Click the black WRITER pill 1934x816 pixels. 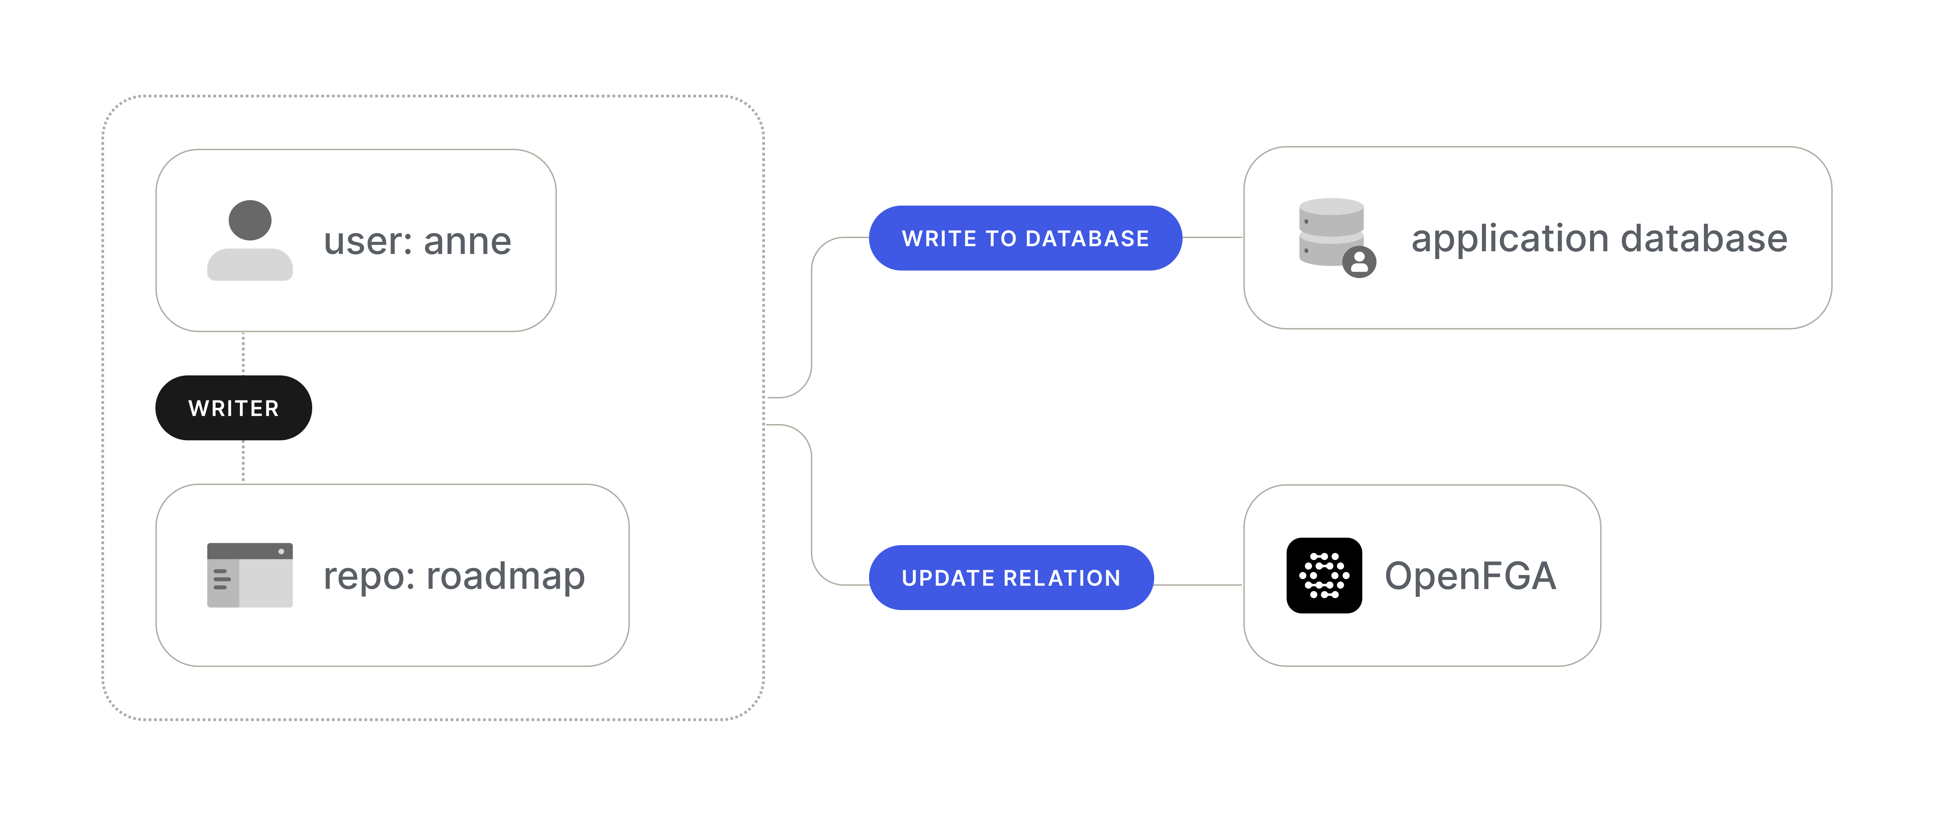pos(233,408)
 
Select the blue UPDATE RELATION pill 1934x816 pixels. pos(1011,578)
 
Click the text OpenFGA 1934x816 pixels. pos(1470,576)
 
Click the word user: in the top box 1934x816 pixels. pos(368,242)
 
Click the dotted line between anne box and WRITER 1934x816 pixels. pos(243,353)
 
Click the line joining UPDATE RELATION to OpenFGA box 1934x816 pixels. pos(1198,585)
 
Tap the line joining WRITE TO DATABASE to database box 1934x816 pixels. pos(1213,237)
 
